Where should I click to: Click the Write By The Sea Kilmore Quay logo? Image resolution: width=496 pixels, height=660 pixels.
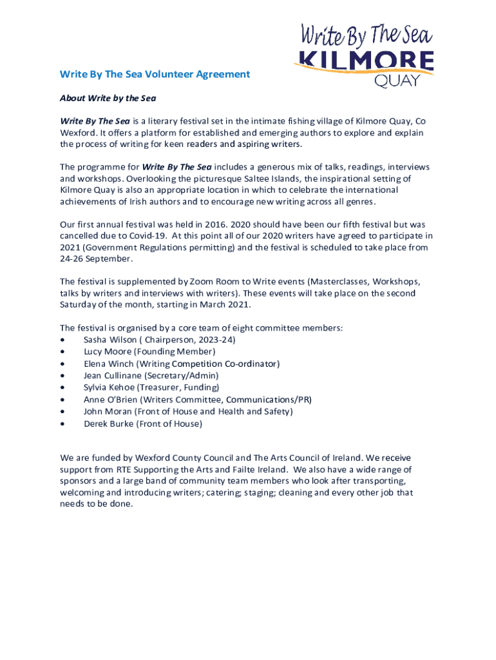click(363, 54)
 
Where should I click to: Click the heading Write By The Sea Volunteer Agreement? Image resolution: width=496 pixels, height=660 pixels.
click(155, 74)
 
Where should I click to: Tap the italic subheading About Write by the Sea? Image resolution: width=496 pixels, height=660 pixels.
click(108, 99)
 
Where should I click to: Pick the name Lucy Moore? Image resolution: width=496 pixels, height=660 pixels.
click(107, 351)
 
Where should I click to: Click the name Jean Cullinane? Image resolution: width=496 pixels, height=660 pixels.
click(113, 375)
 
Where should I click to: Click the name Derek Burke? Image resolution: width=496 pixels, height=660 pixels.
click(108, 423)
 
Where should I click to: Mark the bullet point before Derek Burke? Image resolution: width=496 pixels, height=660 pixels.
click(62, 424)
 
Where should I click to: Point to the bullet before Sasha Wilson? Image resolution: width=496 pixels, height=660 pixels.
click(62, 340)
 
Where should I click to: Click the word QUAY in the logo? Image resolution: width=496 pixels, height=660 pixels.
click(397, 81)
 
